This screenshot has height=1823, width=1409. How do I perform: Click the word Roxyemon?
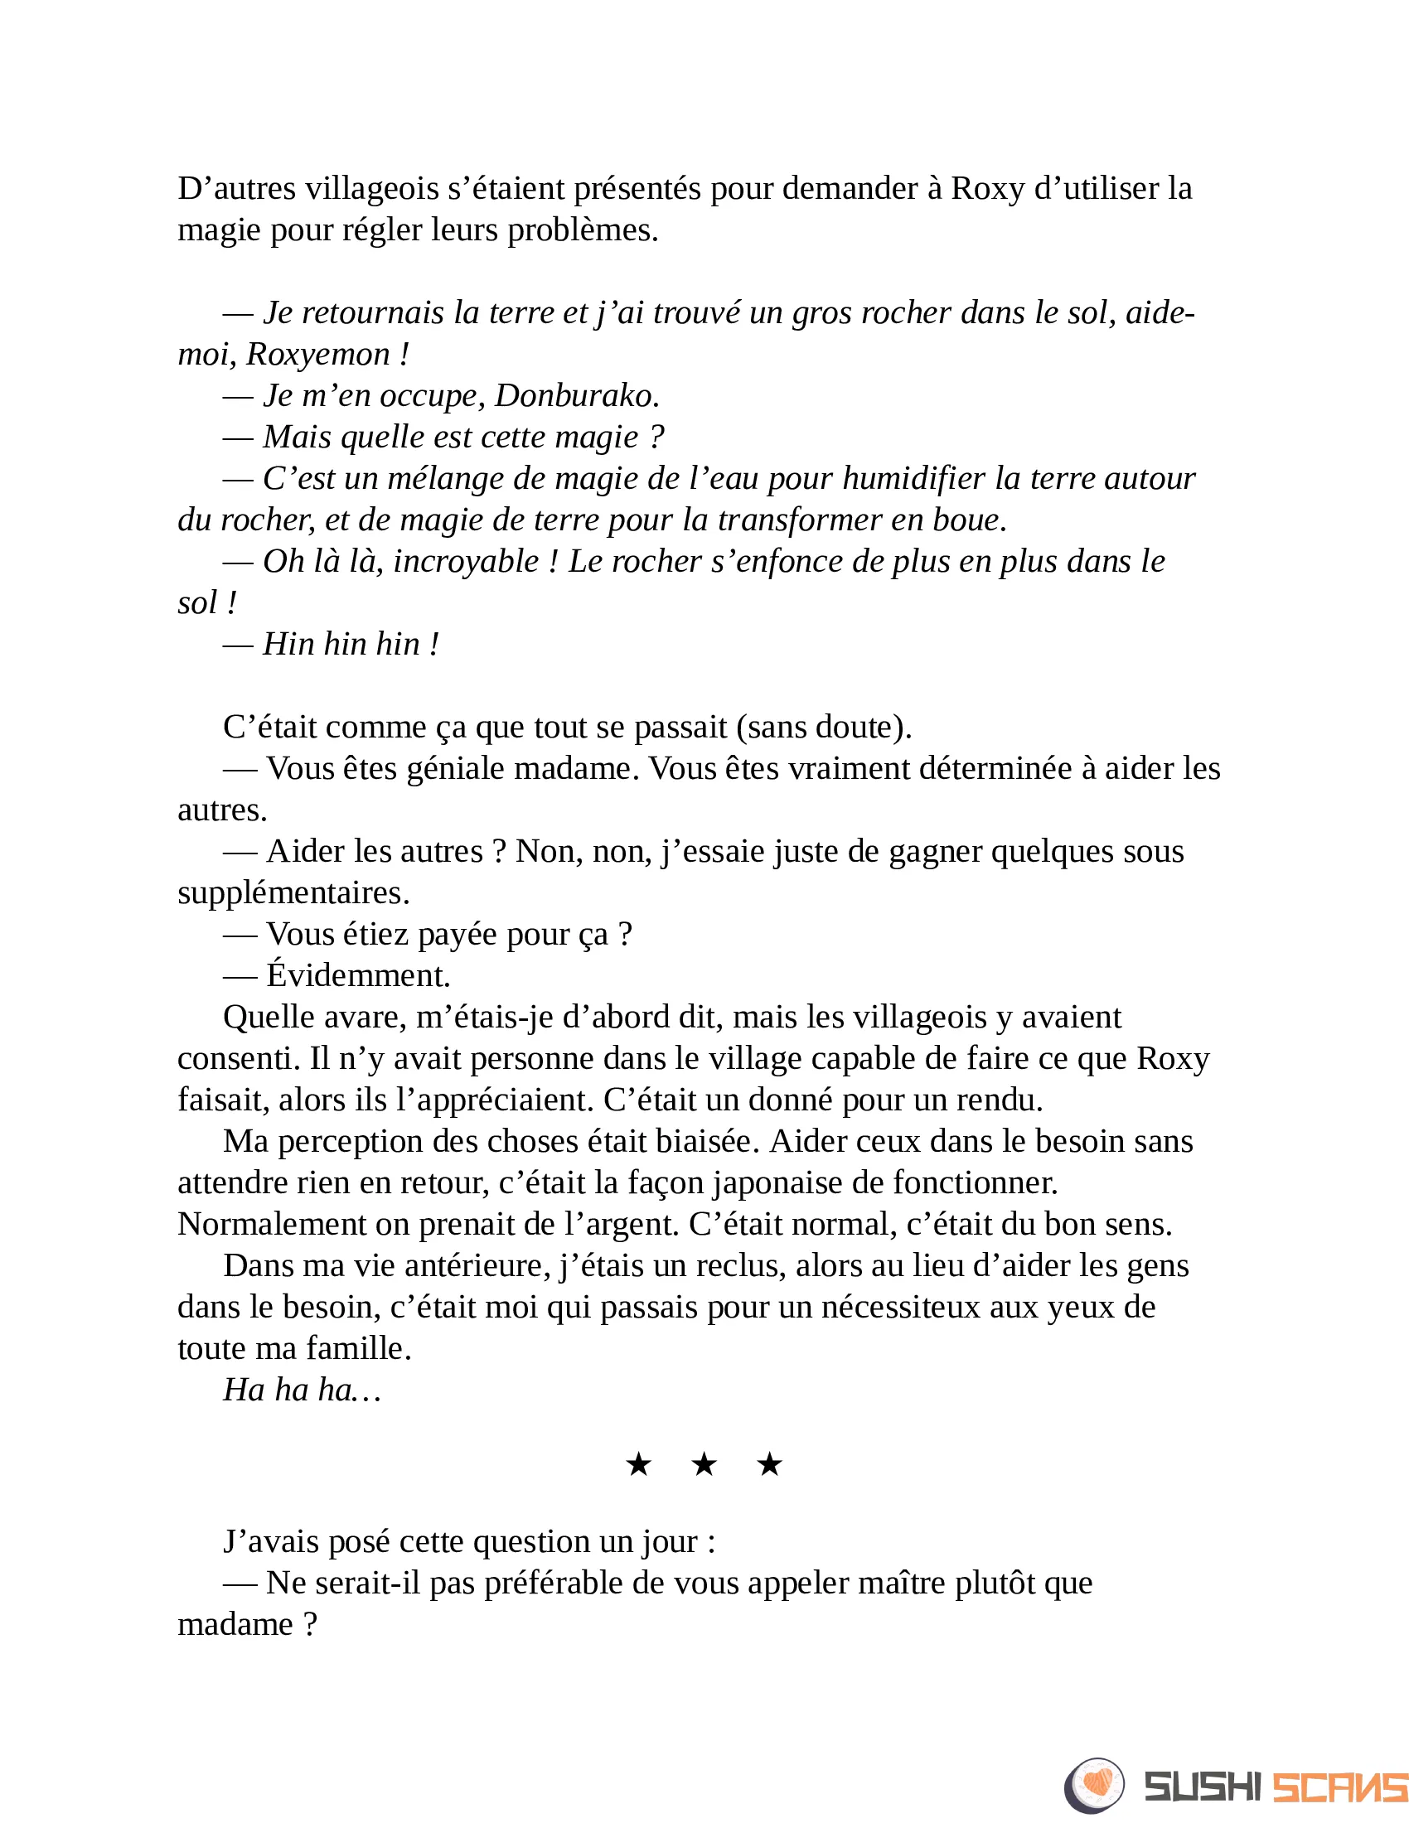(318, 355)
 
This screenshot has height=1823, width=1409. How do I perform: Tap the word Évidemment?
(358, 975)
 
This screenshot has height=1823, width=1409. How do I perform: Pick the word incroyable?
(466, 562)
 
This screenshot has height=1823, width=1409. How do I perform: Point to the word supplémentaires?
(293, 893)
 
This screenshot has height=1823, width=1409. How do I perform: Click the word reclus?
(740, 1265)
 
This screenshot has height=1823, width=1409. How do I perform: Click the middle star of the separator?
(704, 1463)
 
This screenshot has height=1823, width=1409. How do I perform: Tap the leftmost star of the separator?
(638, 1463)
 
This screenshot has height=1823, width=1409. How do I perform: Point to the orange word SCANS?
(1339, 1787)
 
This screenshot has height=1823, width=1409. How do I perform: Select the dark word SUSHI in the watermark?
(1202, 1787)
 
